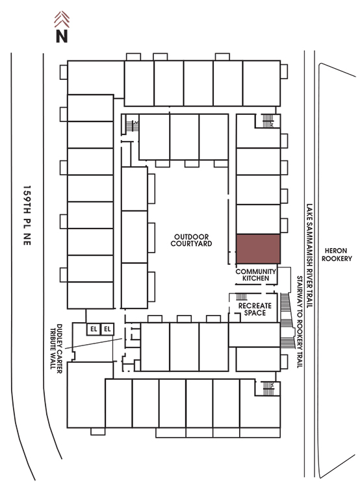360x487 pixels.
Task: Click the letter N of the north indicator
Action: (62, 36)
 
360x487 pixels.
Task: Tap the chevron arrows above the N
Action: (62, 19)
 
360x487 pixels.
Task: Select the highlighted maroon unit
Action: (259, 249)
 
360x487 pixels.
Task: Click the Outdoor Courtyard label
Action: (191, 240)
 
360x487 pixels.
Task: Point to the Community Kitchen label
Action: (256, 275)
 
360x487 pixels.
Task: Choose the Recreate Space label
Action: (255, 309)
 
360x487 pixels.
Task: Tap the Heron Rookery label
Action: (337, 255)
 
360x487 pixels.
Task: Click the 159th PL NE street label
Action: (27, 216)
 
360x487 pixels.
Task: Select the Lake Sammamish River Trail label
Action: (309, 255)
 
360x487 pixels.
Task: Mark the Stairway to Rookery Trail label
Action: (300, 322)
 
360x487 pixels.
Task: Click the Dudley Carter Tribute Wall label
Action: (56, 349)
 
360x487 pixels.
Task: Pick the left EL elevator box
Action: (94, 329)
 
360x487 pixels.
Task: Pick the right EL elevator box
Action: (108, 329)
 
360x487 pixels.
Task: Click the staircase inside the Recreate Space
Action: (242, 296)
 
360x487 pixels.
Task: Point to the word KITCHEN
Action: (256, 279)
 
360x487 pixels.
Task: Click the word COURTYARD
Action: (191, 243)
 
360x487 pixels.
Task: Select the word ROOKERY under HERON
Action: (337, 258)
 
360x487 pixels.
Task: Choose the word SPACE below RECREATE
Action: (255, 313)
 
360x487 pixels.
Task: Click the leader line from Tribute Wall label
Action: (94, 343)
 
